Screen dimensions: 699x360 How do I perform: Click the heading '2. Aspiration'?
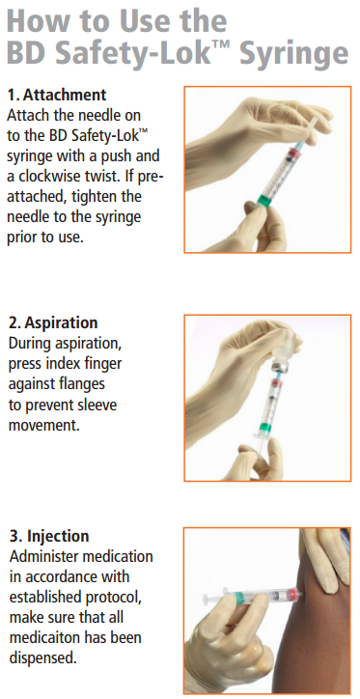[52, 322]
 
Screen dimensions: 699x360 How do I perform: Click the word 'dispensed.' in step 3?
[42, 658]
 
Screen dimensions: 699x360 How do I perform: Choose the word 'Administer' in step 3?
[44, 558]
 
